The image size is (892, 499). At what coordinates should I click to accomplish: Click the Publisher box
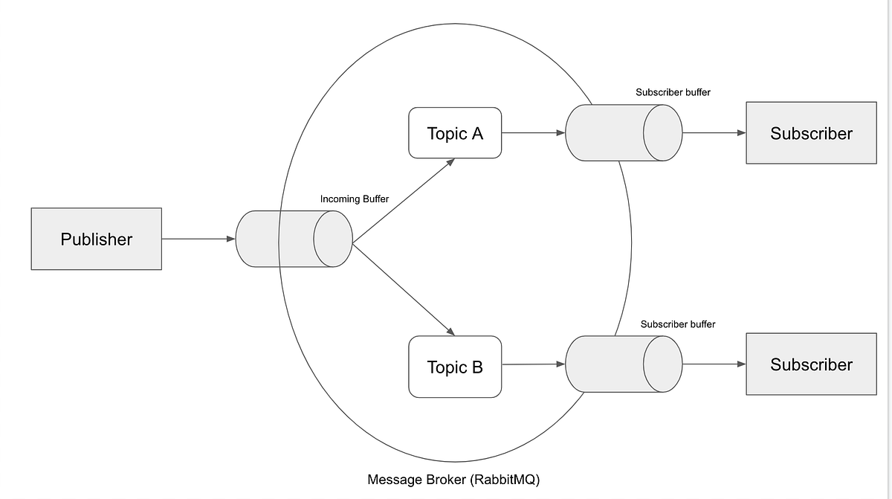pyautogui.click(x=96, y=239)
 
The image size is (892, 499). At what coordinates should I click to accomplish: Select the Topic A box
pyautogui.click(x=455, y=133)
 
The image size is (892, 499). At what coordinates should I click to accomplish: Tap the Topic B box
pyautogui.click(x=455, y=367)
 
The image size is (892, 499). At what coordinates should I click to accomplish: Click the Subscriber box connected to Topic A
pyautogui.click(x=811, y=133)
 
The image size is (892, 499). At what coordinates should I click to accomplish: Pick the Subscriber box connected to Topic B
pyautogui.click(x=811, y=364)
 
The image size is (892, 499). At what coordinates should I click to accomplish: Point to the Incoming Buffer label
pyautogui.click(x=354, y=199)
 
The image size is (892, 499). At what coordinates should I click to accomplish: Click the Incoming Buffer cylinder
pyautogui.click(x=294, y=239)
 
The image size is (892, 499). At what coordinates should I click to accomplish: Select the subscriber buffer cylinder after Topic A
pyautogui.click(x=623, y=133)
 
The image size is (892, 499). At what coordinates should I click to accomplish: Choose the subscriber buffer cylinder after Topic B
pyautogui.click(x=623, y=364)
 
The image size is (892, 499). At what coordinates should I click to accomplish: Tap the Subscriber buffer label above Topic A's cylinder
pyautogui.click(x=673, y=93)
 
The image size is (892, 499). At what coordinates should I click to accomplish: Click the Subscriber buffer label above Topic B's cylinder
pyautogui.click(x=678, y=324)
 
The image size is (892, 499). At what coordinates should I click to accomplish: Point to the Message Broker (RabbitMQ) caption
pyautogui.click(x=453, y=480)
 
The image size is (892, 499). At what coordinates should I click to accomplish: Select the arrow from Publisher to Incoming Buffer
pyautogui.click(x=198, y=239)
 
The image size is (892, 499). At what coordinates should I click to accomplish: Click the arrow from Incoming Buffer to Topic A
pyautogui.click(x=403, y=201)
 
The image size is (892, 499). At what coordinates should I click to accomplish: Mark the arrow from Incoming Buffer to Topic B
pyautogui.click(x=403, y=289)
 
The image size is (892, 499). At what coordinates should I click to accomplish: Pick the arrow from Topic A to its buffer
pyautogui.click(x=533, y=133)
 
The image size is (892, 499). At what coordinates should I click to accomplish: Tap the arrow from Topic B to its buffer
pyautogui.click(x=533, y=364)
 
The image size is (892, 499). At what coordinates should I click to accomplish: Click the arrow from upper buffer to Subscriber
pyautogui.click(x=714, y=133)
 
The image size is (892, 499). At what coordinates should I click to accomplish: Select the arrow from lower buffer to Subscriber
pyautogui.click(x=714, y=364)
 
